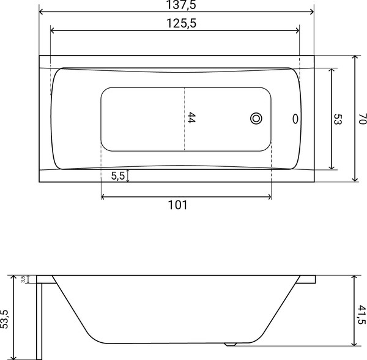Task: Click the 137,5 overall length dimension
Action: tap(180, 5)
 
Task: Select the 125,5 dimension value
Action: tap(181, 23)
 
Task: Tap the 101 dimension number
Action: tap(178, 205)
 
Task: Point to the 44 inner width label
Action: tap(191, 117)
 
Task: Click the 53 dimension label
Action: tap(338, 119)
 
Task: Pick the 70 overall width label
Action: tap(362, 119)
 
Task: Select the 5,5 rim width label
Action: tap(118, 175)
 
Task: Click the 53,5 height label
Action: tap(4, 319)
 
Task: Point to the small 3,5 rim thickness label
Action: tap(23, 279)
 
